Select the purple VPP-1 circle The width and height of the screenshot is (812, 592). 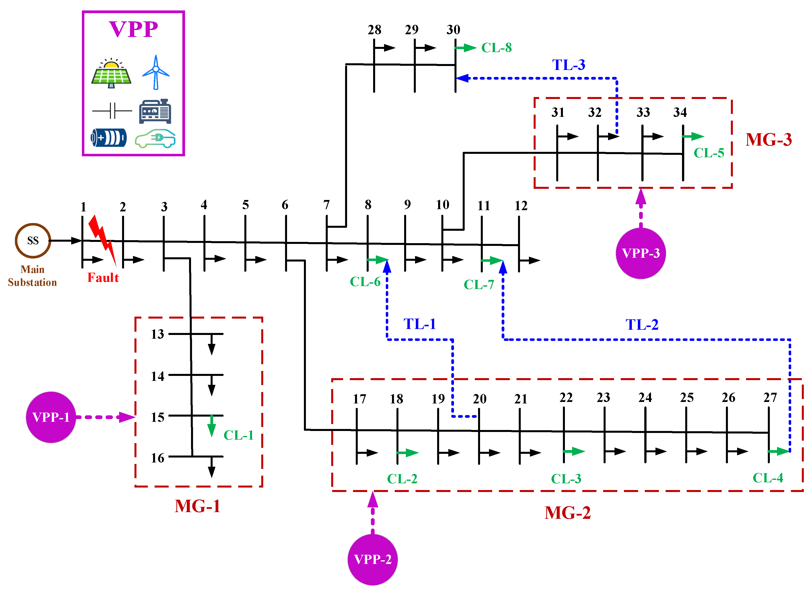coord(51,417)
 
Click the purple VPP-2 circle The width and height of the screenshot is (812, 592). coord(372,559)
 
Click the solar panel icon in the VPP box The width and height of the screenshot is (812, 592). coord(111,73)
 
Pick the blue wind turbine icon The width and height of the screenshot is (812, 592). coord(156,72)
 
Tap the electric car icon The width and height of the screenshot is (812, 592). coord(155,138)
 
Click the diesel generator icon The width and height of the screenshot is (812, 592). coord(155,111)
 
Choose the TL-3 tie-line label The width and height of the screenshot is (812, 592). coord(568,65)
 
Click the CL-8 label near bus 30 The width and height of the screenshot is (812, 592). coord(496,48)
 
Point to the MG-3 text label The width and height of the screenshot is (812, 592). coord(768,139)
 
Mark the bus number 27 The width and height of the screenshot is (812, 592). coord(770,397)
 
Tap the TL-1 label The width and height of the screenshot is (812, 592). coord(419,324)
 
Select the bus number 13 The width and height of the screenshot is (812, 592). coord(157,334)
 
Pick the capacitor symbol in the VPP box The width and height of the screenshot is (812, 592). coord(112,111)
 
